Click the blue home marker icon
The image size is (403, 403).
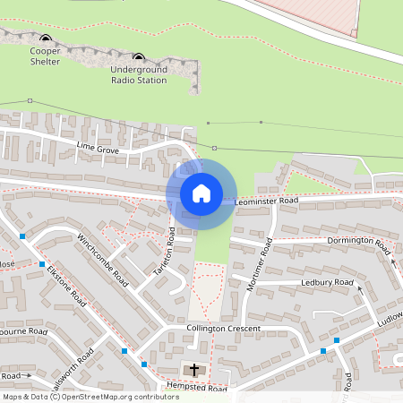tap(201, 193)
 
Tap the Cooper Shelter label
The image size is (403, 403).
tap(45, 56)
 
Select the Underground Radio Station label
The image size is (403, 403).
tap(139, 74)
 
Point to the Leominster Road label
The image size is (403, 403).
tap(266, 201)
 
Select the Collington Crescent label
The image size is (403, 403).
tap(223, 329)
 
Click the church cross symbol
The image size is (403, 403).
tap(193, 369)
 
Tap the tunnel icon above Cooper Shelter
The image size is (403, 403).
tap(46, 39)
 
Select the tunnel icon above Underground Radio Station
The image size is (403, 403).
tap(138, 56)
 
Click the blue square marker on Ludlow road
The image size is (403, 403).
tap(337, 340)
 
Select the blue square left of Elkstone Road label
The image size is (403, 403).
tap(42, 264)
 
